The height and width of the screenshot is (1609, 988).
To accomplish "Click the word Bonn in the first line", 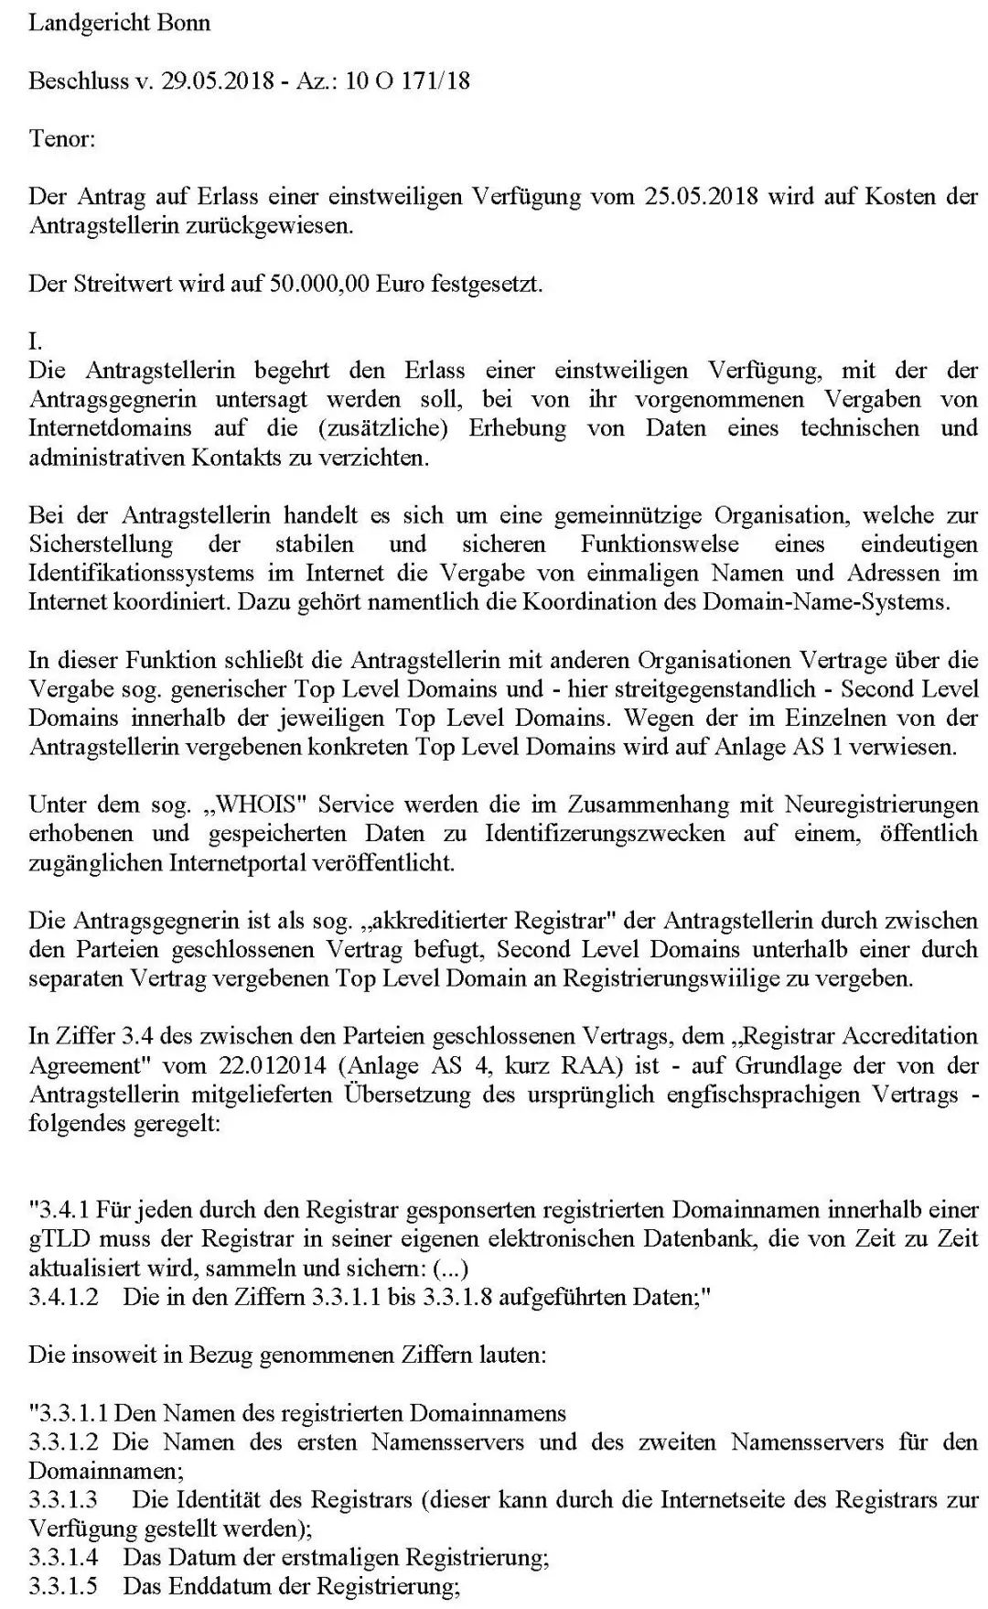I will point(186,23).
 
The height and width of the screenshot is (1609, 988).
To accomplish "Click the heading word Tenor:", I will point(61,139).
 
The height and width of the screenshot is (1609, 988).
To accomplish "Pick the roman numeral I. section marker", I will point(35,341).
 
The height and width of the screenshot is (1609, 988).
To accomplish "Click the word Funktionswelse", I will point(659,545).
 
